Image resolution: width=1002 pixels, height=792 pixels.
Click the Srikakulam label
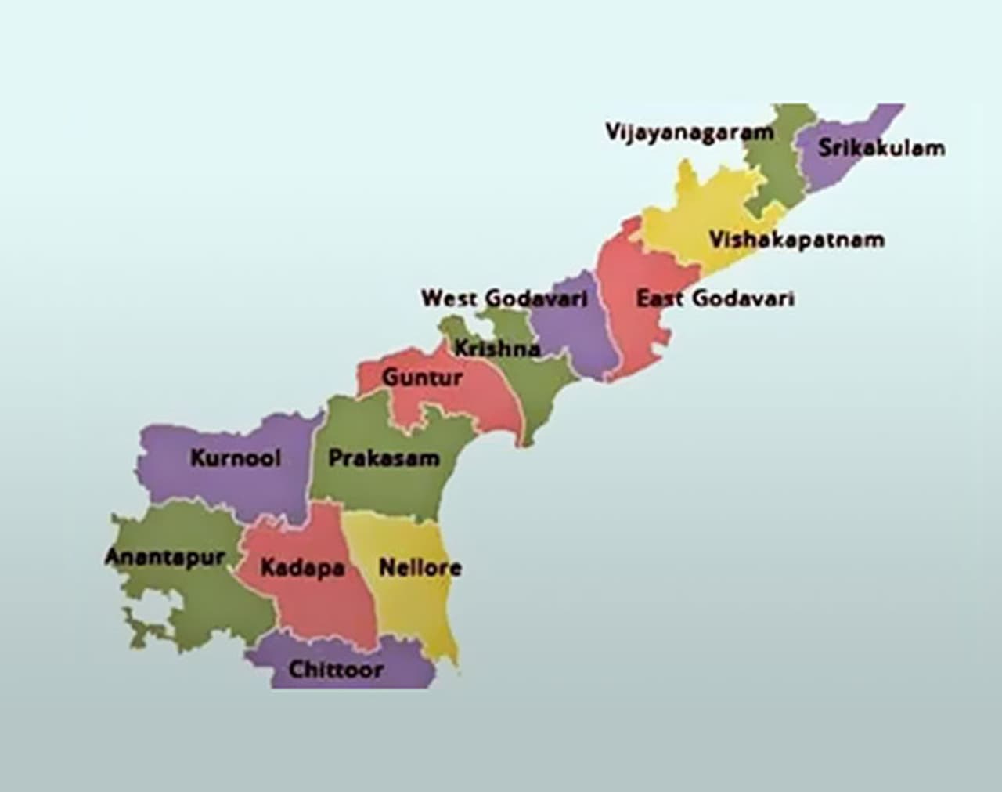(x=881, y=148)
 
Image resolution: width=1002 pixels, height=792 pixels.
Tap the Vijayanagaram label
(x=689, y=132)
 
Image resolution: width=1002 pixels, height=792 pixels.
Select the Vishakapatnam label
(x=796, y=239)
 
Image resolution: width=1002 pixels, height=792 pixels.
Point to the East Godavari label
(x=715, y=298)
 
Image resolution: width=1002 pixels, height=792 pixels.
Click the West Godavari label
(x=504, y=298)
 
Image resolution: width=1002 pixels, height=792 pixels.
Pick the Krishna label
(x=498, y=348)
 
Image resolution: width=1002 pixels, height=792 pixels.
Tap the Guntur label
(x=422, y=378)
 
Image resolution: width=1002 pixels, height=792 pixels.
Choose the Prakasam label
(x=384, y=458)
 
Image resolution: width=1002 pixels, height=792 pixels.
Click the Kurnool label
(x=235, y=457)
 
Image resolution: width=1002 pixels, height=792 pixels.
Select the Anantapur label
(x=164, y=557)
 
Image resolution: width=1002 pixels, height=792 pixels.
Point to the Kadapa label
(x=302, y=568)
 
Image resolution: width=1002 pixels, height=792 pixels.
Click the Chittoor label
(x=336, y=670)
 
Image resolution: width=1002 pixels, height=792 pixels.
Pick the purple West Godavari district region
(x=579, y=337)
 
